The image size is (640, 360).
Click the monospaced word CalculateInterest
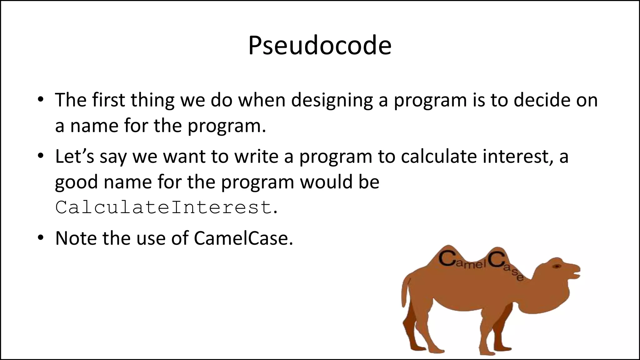[x=163, y=207]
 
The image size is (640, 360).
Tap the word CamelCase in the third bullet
[x=243, y=238]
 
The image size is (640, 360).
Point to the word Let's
[x=74, y=157]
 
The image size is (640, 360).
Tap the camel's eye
[x=557, y=266]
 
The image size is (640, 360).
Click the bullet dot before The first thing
[x=40, y=100]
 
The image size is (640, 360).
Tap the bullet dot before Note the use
[x=40, y=238]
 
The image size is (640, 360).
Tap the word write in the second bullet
[x=256, y=157]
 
